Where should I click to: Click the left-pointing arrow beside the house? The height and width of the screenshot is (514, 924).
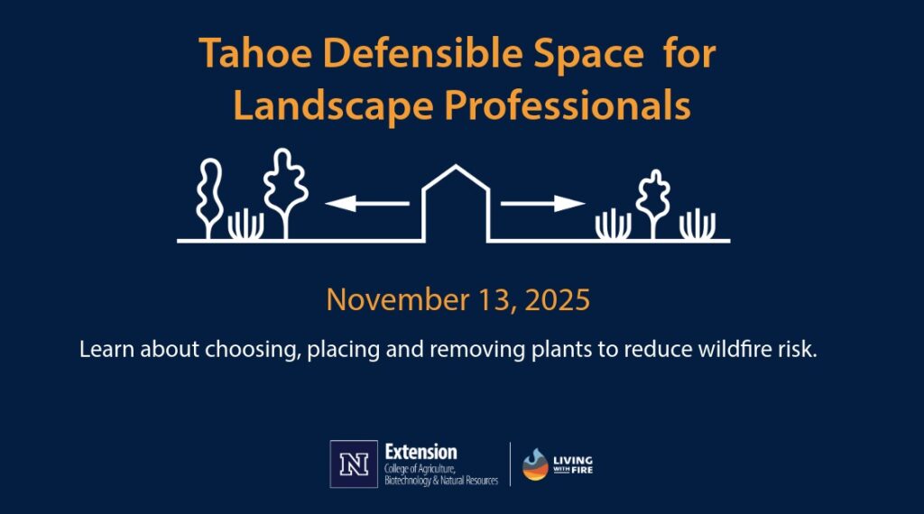365,205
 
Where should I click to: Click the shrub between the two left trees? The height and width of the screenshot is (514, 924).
245,225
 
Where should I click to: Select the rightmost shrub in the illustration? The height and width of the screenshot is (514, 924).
697,225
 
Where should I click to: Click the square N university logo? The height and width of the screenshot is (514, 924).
354,464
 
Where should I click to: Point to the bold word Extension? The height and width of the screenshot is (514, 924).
420,452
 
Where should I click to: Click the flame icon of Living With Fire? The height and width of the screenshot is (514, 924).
535,464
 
